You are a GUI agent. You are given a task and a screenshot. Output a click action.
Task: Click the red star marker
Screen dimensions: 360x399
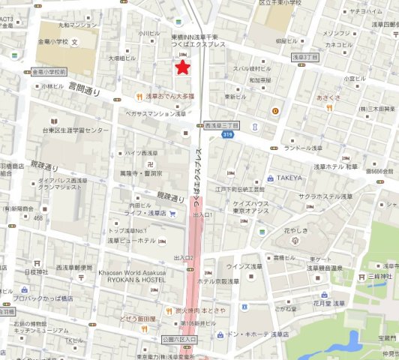(181, 67)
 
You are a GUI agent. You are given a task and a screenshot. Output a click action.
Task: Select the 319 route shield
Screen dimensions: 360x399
(226, 133)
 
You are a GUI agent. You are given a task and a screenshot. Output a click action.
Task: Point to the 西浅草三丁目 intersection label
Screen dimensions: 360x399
(221, 125)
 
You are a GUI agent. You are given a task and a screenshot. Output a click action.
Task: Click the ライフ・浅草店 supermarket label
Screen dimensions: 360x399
(145, 213)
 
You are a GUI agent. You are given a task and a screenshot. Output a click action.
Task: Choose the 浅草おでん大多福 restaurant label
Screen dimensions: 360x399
(170, 96)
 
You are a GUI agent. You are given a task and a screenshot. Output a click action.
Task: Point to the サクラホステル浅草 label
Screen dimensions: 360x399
(325, 196)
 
